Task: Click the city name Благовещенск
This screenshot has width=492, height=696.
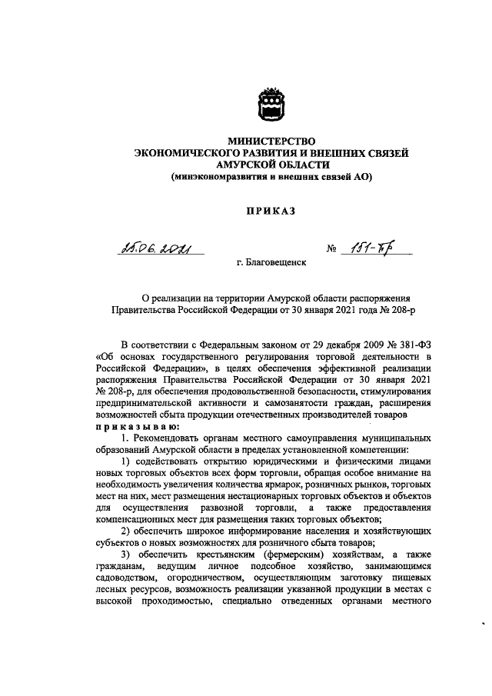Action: pos(271,262)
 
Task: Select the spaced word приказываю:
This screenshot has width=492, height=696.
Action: pos(138,426)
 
